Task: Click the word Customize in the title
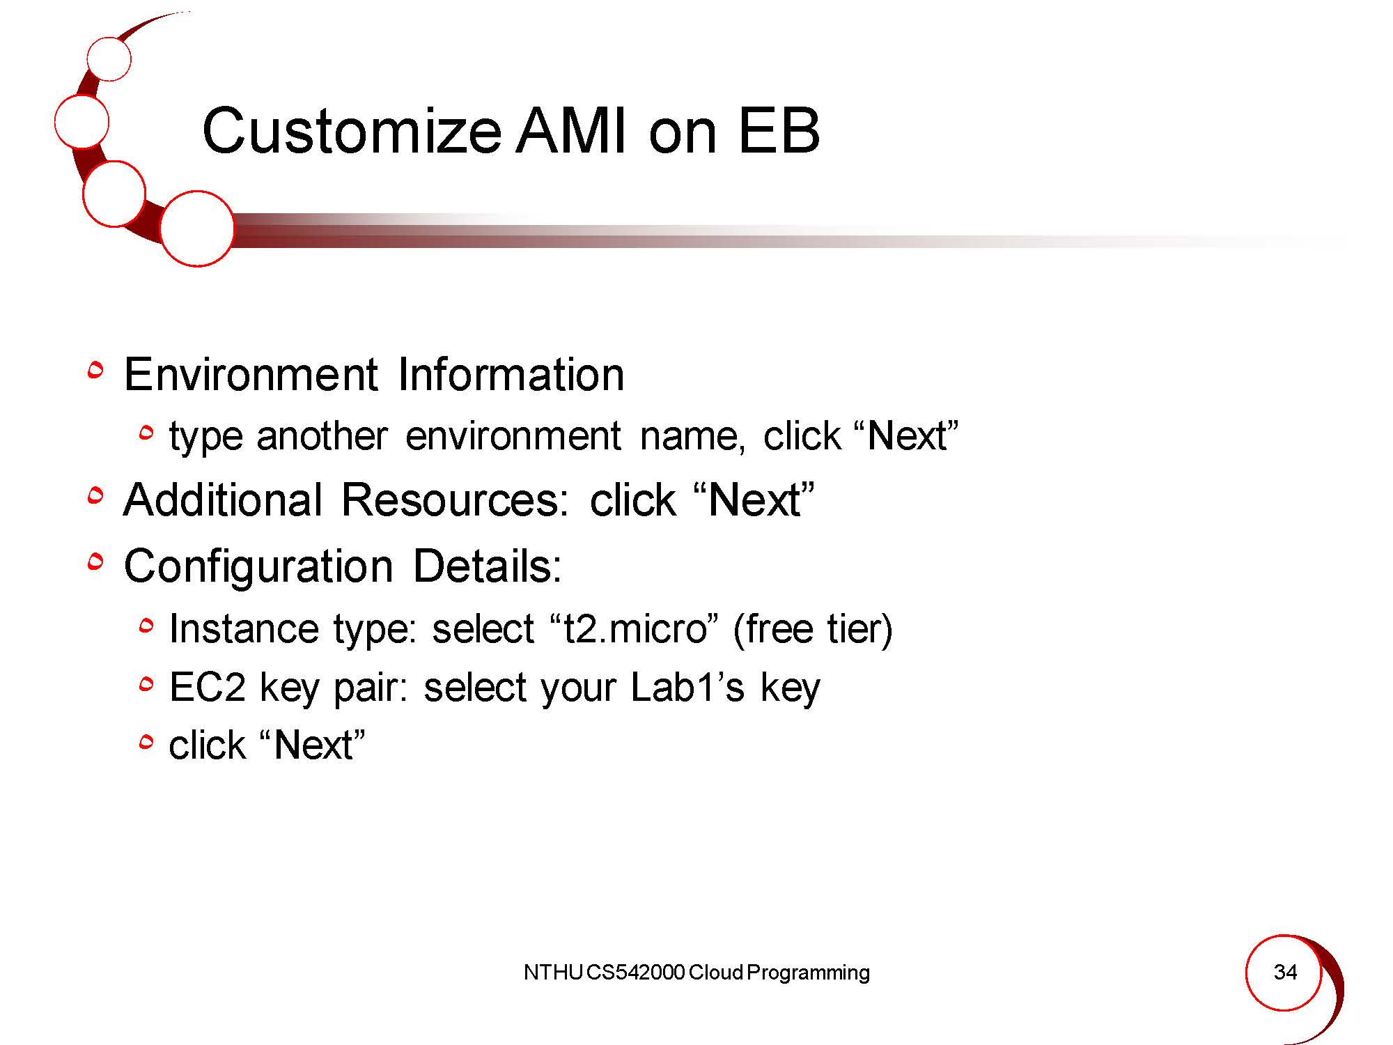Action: [352, 131]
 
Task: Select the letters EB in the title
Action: [779, 131]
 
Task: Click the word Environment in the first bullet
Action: [251, 374]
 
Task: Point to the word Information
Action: [511, 374]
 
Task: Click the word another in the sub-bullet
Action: [322, 436]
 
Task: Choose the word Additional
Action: [223, 500]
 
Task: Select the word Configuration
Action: [258, 566]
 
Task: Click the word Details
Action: [487, 565]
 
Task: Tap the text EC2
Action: [208, 687]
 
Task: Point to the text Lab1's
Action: [687, 687]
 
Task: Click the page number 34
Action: [1285, 972]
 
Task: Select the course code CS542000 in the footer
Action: [636, 973]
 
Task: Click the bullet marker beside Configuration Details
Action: [95, 562]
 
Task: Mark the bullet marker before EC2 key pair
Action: [145, 686]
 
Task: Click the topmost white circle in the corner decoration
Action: [109, 59]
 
